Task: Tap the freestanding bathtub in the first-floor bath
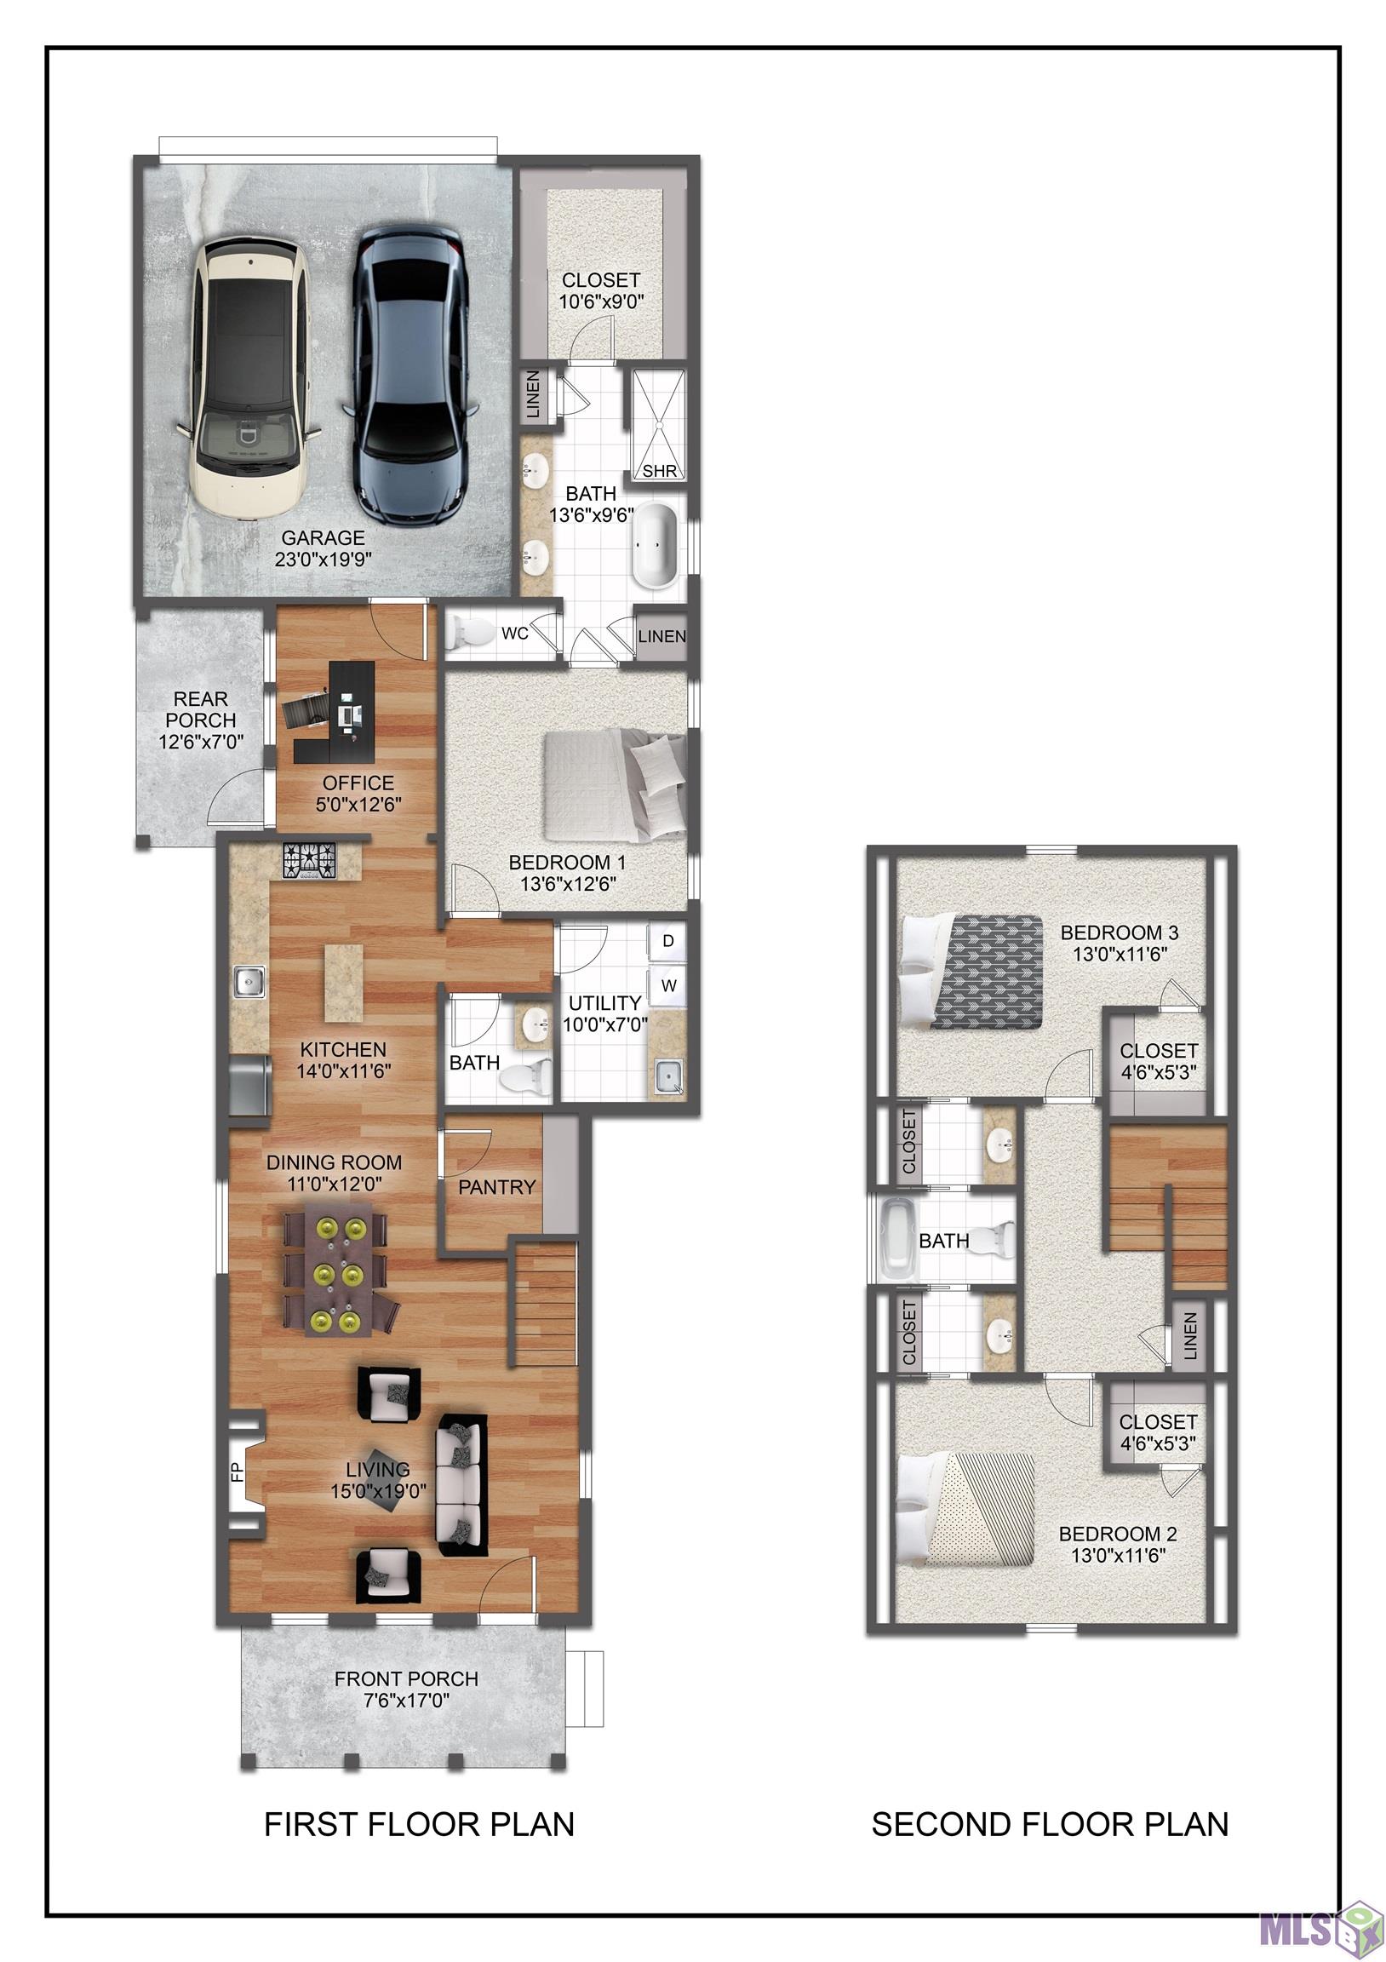[x=655, y=545]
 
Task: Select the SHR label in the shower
[x=660, y=471]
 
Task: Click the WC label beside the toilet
[x=514, y=634]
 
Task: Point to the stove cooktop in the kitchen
[x=310, y=861]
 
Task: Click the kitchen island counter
[x=342, y=983]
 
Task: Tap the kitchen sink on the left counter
[x=249, y=981]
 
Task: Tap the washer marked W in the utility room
[x=667, y=985]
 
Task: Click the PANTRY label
[x=496, y=1187]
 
